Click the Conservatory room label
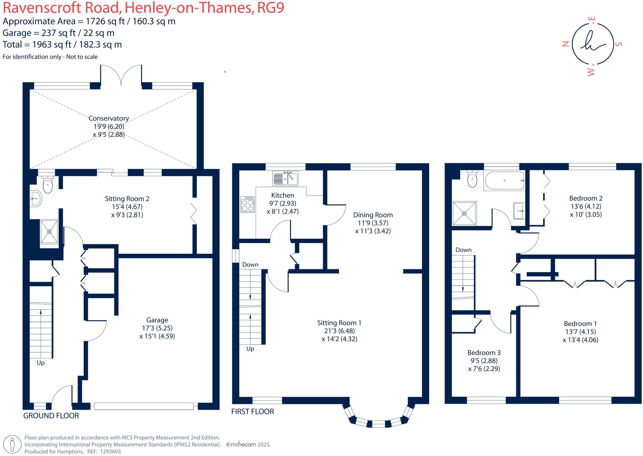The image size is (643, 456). (x=109, y=118)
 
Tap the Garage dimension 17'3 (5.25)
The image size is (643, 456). (x=157, y=328)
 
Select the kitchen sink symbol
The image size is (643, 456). (x=285, y=178)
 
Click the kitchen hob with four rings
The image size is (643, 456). (x=248, y=204)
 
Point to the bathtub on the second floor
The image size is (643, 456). (x=504, y=181)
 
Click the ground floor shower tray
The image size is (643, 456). (x=49, y=231)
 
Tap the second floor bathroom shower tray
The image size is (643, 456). (x=464, y=213)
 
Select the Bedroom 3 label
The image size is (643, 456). (x=484, y=353)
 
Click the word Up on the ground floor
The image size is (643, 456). (x=41, y=363)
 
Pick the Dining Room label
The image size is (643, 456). (x=373, y=215)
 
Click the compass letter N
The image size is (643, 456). (x=565, y=44)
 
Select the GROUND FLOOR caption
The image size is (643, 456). (x=51, y=416)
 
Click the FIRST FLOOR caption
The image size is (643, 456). (x=252, y=411)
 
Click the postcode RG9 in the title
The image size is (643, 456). (x=270, y=8)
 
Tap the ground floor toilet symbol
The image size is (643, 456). (x=48, y=185)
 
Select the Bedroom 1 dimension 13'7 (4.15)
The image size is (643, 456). (x=580, y=331)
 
